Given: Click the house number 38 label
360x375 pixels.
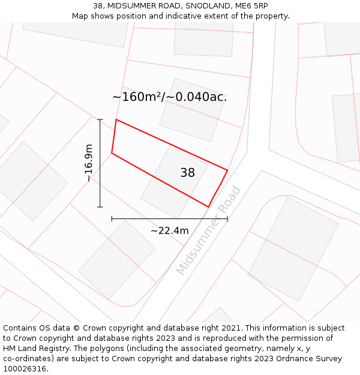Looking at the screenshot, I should click(187, 173).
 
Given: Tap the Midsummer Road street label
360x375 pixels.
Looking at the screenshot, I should click(209, 231).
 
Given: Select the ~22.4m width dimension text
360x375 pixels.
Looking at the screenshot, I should click(169, 230).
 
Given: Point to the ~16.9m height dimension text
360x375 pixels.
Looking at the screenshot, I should click(88, 163).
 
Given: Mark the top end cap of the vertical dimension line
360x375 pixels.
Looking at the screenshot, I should click(100, 119).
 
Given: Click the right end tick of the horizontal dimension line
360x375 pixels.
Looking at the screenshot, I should click(227, 218).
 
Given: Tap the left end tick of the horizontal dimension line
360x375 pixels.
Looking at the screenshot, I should click(112, 218).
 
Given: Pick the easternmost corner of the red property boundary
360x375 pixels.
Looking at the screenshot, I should click(227, 170).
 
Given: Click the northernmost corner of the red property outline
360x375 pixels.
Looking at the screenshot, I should click(116, 119).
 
